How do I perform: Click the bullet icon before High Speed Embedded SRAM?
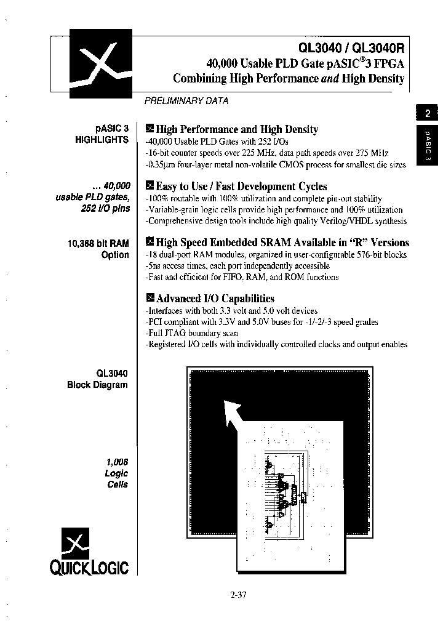pyautogui.click(x=149, y=242)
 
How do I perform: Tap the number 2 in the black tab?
pyautogui.click(x=426, y=113)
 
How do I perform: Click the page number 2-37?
pyautogui.click(x=238, y=594)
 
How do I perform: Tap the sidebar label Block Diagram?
pyautogui.click(x=98, y=385)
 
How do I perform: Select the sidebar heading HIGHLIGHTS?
pyautogui.click(x=102, y=140)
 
